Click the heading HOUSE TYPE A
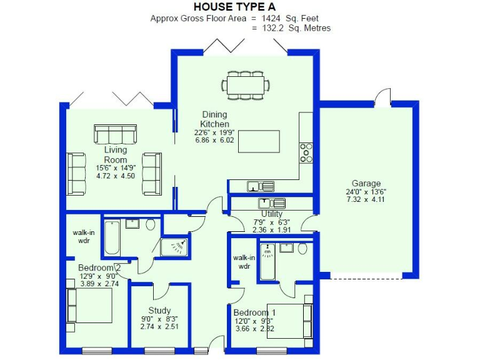(x=240, y=7)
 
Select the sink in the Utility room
(x=271, y=203)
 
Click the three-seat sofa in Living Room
(x=115, y=134)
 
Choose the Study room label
(x=159, y=311)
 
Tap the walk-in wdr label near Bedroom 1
(x=244, y=261)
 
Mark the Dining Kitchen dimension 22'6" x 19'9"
(x=214, y=132)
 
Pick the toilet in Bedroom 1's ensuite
(x=302, y=249)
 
